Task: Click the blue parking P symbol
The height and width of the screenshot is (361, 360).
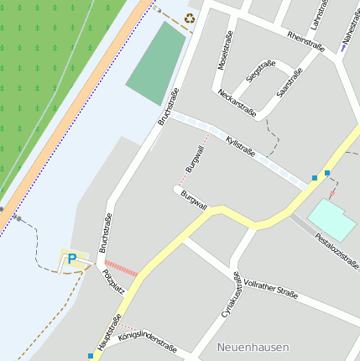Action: (71, 259)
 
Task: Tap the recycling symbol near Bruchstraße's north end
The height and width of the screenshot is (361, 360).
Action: (190, 17)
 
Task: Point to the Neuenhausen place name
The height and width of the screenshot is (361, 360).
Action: (253, 347)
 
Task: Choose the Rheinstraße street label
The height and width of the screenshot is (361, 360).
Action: (305, 41)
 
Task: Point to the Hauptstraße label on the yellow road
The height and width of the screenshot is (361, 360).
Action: (110, 332)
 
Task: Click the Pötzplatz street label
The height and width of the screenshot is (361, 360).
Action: (112, 281)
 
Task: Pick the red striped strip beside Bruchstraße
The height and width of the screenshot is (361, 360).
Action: (122, 269)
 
